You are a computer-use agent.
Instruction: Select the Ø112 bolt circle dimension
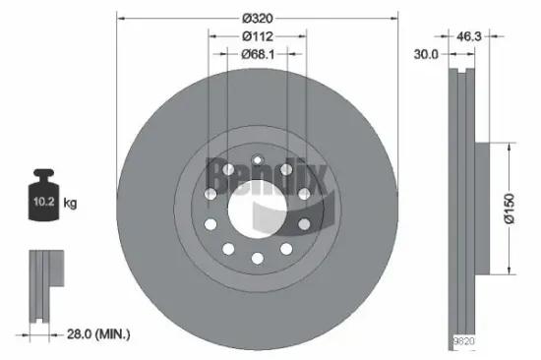click(257, 34)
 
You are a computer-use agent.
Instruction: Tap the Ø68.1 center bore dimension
click(257, 54)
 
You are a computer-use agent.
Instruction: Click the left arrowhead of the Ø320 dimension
click(121, 17)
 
